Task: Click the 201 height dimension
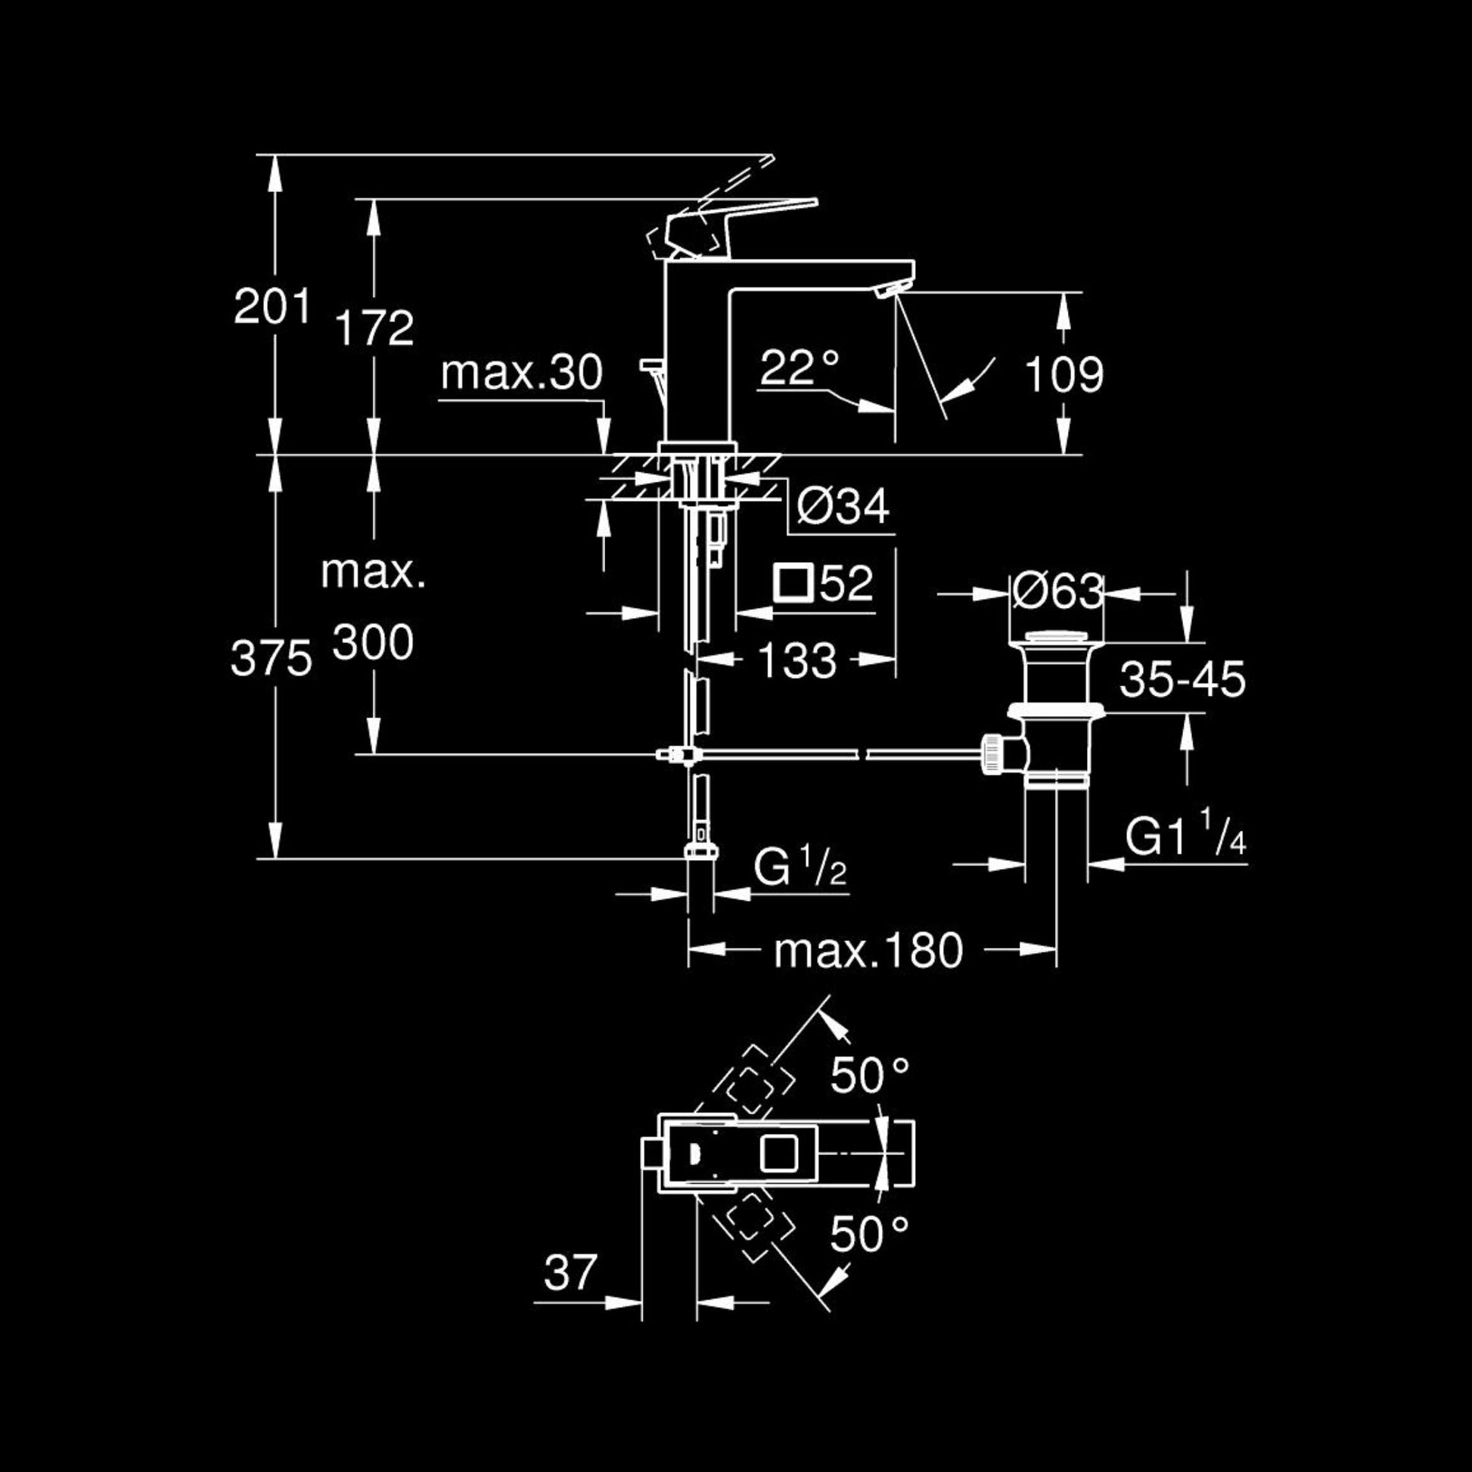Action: tap(272, 307)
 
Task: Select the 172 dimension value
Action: tap(374, 328)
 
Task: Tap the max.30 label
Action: tap(522, 374)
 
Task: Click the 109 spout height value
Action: tap(1064, 374)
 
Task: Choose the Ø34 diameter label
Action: tap(843, 505)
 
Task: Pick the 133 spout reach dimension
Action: tap(798, 660)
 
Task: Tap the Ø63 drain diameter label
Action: tap(1058, 591)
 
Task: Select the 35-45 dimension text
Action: tap(1182, 679)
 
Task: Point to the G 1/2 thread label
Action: tap(800, 867)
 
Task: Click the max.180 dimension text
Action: tap(868, 950)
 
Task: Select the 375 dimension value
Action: tap(272, 658)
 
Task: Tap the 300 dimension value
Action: tap(374, 641)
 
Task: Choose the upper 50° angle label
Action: tap(869, 1075)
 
